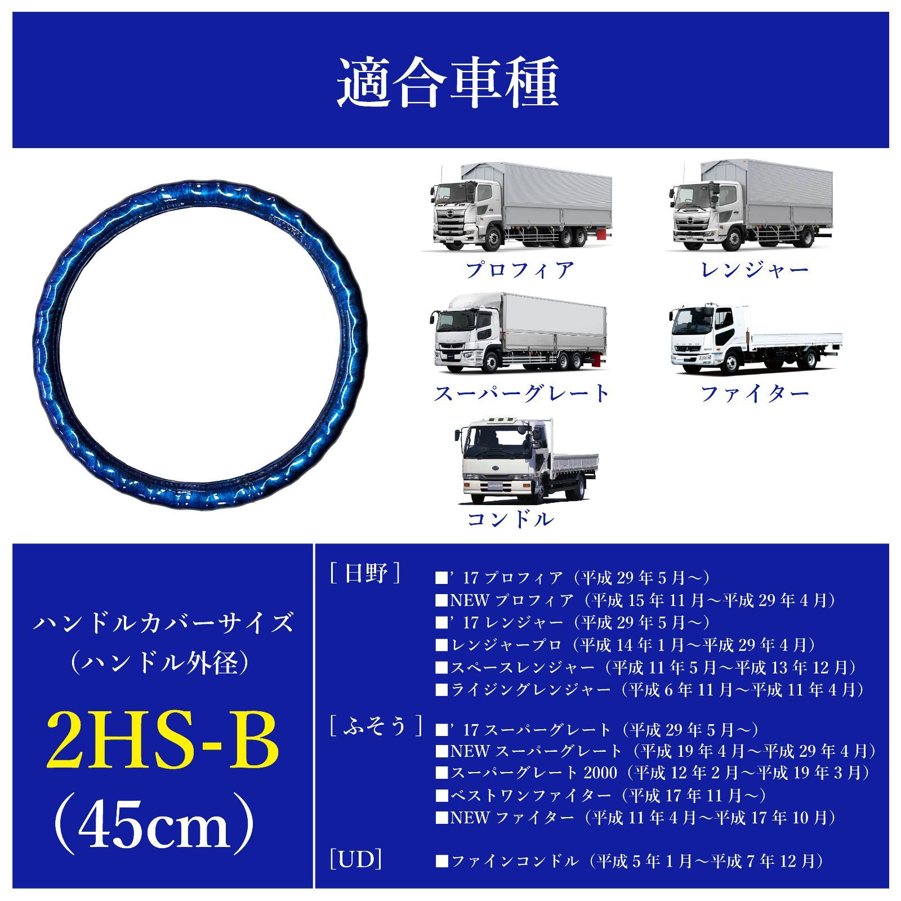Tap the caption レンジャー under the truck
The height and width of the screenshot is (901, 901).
pos(755,270)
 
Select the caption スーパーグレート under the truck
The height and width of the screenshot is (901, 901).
pos(521,393)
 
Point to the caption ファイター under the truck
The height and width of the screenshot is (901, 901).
pos(755,393)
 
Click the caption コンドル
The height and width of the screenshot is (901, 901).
pos(510,519)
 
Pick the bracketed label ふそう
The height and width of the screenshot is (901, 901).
pos(375,726)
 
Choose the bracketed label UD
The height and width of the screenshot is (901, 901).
pos(356,860)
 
